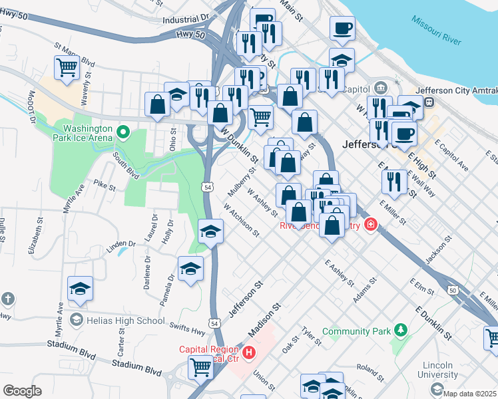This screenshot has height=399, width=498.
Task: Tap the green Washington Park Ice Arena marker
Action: [x=122, y=133]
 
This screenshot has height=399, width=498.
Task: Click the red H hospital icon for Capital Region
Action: [x=249, y=351]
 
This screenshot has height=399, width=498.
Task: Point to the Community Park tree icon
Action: [x=400, y=329]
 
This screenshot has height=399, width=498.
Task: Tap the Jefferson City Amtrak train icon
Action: [x=430, y=102]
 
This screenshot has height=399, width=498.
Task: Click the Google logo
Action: [x=22, y=391]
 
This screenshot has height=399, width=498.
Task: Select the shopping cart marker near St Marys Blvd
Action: [x=67, y=67]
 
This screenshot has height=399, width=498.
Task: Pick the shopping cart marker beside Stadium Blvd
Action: [x=200, y=366]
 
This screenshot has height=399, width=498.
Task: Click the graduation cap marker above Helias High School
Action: [x=81, y=289]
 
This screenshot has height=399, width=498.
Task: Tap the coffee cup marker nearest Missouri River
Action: [x=343, y=29]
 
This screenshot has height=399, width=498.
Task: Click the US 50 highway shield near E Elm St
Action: [x=453, y=290]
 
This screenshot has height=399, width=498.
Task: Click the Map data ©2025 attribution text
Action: [x=470, y=394]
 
